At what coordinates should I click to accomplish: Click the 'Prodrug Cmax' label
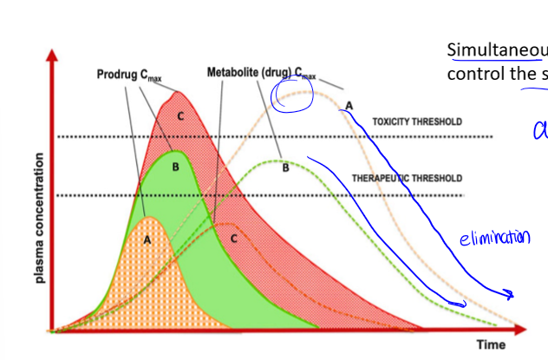click(128, 75)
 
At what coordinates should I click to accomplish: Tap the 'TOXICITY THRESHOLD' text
click(417, 122)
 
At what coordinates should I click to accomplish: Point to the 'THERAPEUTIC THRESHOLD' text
click(407, 178)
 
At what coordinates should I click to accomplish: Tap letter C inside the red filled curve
click(181, 115)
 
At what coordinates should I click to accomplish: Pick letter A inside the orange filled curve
click(147, 240)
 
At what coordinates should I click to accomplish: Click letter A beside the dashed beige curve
click(349, 105)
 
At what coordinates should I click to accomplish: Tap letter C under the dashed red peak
click(233, 239)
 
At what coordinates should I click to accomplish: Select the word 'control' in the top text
click(473, 72)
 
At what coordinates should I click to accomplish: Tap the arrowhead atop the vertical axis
click(55, 53)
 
